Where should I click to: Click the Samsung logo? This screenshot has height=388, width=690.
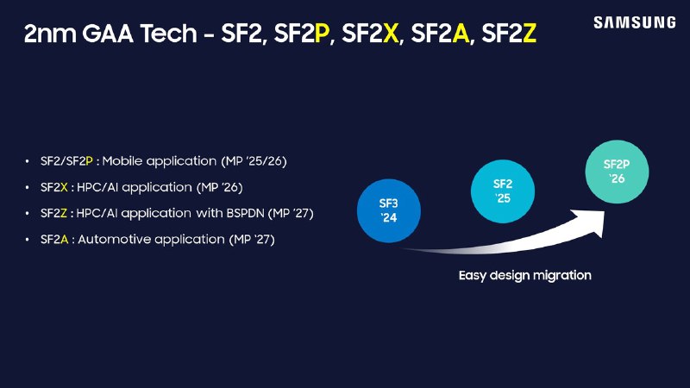635,22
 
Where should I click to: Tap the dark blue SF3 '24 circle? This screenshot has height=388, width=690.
389,210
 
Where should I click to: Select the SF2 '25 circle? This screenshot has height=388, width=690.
503,191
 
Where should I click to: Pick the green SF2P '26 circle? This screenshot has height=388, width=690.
617,172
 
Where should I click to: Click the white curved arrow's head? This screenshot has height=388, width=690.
590,222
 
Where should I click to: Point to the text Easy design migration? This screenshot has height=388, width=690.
525,275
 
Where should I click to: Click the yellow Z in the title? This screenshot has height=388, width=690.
530,33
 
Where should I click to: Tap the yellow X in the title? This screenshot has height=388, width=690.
391,33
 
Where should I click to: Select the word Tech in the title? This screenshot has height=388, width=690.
168,33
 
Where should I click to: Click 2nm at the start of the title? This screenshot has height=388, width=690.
49,34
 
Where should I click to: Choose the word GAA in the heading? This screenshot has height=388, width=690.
108,33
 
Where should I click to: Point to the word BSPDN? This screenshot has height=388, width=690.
245,213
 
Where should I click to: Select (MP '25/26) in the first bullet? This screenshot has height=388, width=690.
254,161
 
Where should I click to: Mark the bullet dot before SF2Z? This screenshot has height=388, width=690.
28,214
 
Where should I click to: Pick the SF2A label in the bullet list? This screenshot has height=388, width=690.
54,240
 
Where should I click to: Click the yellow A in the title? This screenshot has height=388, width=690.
461,33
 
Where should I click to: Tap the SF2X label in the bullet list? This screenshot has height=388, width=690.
54,187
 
